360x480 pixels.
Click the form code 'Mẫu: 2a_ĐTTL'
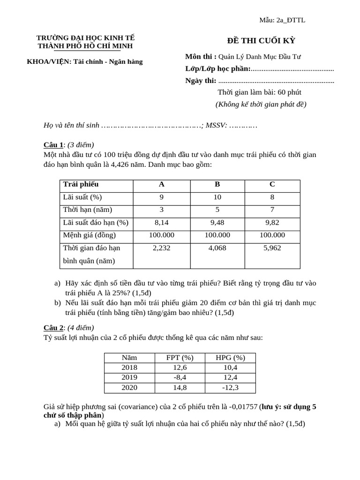[x=282, y=20]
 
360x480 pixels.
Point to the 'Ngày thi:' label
[x=201, y=81]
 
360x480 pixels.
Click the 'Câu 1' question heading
[x=53, y=144]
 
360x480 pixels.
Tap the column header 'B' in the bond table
[x=217, y=185]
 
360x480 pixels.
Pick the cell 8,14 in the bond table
[x=161, y=223]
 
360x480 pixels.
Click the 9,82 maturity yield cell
[x=272, y=223]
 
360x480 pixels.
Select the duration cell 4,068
[x=217, y=248]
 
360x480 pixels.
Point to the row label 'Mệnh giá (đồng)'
[x=89, y=235]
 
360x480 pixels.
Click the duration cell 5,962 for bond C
[x=272, y=248]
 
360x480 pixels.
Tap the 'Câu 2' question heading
[x=53, y=328]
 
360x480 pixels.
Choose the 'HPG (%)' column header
[x=231, y=358]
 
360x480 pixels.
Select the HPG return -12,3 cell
[x=231, y=388]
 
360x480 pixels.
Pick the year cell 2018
[x=129, y=367]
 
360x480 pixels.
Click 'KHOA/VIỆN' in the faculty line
[x=48, y=61]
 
